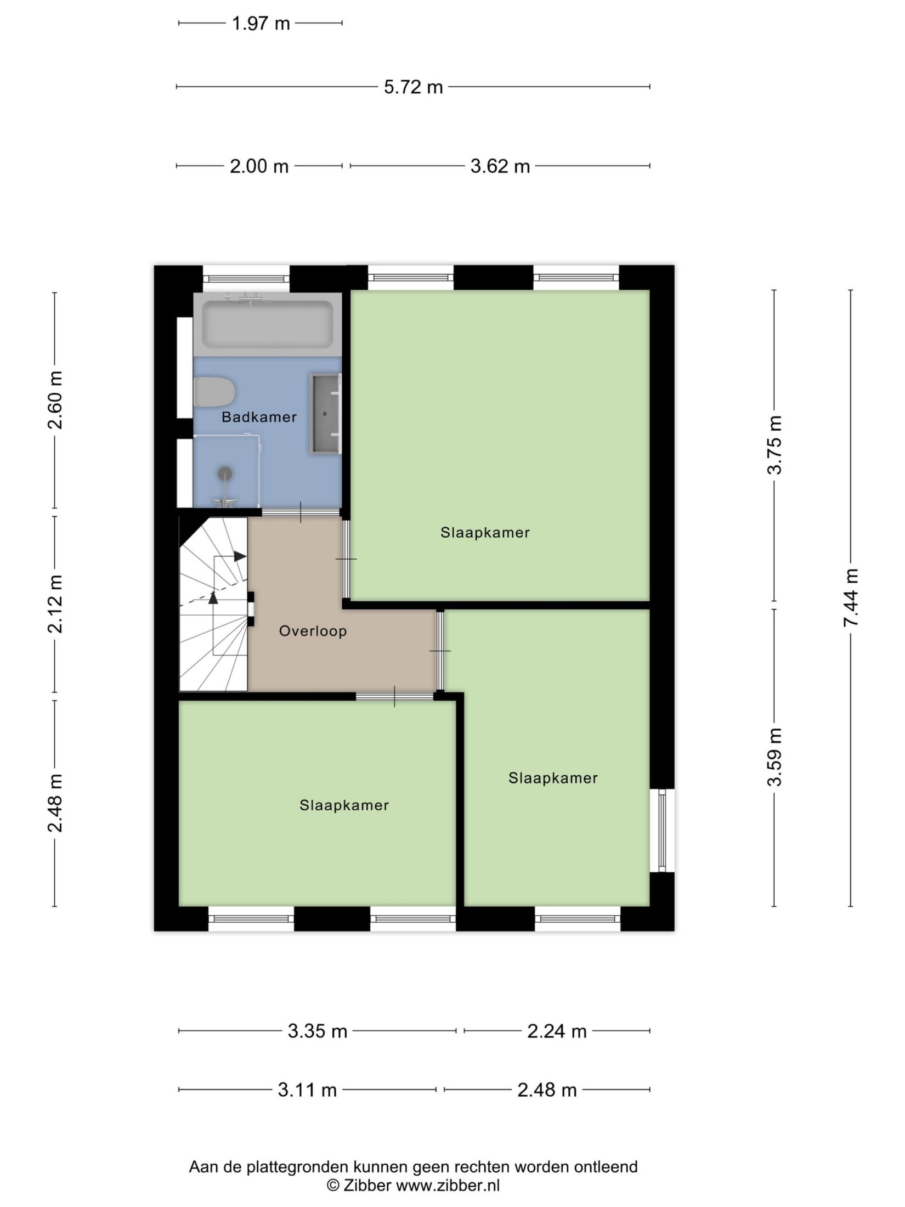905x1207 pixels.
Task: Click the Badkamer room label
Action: tap(259, 417)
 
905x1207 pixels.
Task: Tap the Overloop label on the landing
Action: tap(313, 631)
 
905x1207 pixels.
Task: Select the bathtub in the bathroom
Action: tap(267, 324)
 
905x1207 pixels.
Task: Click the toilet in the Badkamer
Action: tap(215, 392)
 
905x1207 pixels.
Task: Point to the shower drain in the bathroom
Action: tap(225, 473)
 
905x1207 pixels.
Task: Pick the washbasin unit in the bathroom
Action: tap(326, 414)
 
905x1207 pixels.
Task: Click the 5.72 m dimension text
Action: tap(413, 87)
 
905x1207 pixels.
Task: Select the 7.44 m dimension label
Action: tap(851, 598)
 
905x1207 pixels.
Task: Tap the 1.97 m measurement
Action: tap(261, 24)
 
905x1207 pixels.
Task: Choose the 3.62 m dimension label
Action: tap(500, 166)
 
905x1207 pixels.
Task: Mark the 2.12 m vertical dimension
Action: tap(55, 604)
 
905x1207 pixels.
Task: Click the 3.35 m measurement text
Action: tap(318, 1031)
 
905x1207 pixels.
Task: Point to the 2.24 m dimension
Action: tap(557, 1031)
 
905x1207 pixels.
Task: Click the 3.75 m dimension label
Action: tap(774, 444)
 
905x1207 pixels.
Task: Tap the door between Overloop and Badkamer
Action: tap(301, 512)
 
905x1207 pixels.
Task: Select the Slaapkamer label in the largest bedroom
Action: tap(485, 532)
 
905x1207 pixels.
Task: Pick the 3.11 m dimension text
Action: tap(307, 1090)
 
